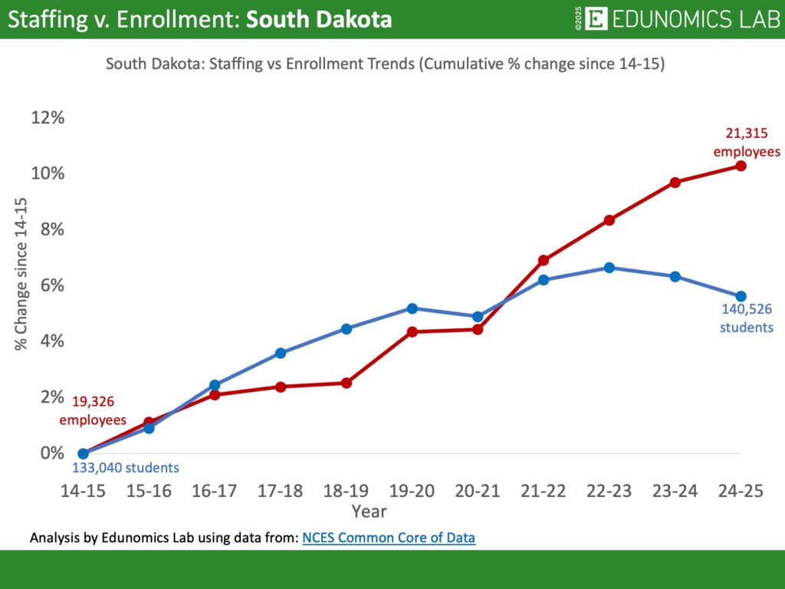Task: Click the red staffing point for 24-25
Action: (x=741, y=166)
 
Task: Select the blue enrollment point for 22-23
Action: (x=609, y=268)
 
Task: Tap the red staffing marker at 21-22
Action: (x=544, y=260)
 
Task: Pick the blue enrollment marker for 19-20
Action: (x=412, y=308)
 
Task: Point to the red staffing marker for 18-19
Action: (x=346, y=383)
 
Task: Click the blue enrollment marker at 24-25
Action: (x=741, y=296)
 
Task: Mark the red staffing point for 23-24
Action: (x=675, y=183)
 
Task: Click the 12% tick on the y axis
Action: (x=48, y=117)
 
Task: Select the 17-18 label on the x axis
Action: (x=281, y=492)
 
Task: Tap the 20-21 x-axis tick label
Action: (x=478, y=492)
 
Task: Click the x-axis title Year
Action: (x=369, y=511)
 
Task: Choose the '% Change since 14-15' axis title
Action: (x=21, y=274)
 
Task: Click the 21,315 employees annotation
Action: (x=747, y=143)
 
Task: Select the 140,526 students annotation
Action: (x=747, y=318)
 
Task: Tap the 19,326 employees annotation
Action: (x=93, y=410)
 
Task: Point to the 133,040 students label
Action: (x=126, y=468)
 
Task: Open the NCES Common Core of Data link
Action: (x=389, y=538)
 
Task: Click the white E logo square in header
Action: (x=596, y=19)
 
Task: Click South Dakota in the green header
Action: (x=318, y=19)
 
